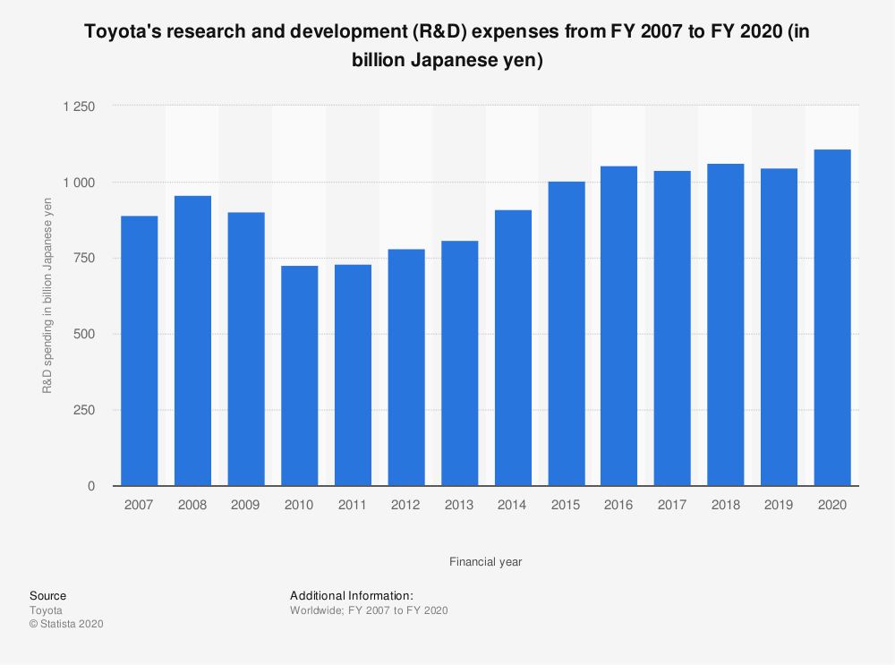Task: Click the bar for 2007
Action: [139, 351]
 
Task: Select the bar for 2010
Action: [299, 376]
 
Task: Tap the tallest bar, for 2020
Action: [832, 318]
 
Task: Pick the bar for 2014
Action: [513, 348]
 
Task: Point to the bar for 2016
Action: [618, 326]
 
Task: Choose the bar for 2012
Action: [405, 368]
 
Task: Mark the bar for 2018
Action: [725, 325]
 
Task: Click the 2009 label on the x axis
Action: [245, 506]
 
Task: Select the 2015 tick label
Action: [566, 506]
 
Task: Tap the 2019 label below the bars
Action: [779, 506]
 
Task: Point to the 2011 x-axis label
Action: [353, 506]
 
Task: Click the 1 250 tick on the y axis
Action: [78, 107]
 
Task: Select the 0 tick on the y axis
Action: [91, 487]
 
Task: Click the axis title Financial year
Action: [486, 562]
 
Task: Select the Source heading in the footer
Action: [47, 596]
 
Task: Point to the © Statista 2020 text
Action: [66, 624]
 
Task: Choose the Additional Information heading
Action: [351, 596]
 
